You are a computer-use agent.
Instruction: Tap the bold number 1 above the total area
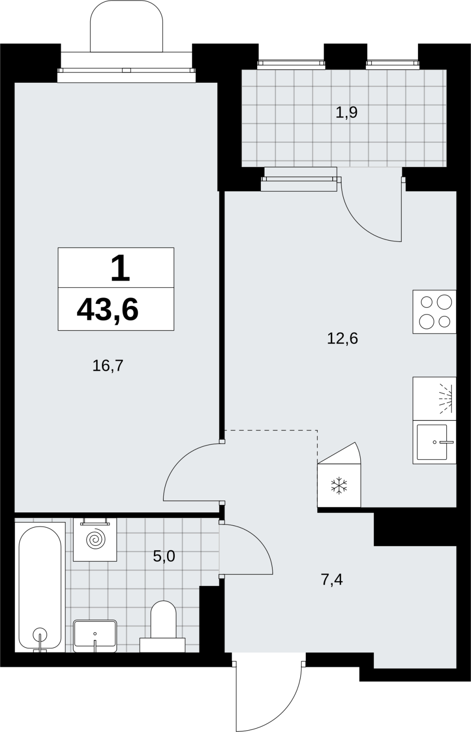point(120,268)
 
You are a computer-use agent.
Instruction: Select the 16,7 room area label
point(108,366)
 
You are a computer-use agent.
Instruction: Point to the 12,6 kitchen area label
point(342,339)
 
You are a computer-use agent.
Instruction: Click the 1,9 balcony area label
point(346,113)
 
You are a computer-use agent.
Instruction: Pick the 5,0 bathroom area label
point(164,556)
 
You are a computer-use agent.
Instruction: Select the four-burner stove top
point(434,312)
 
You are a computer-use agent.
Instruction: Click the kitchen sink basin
point(432,442)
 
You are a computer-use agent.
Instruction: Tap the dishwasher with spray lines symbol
point(434,398)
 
